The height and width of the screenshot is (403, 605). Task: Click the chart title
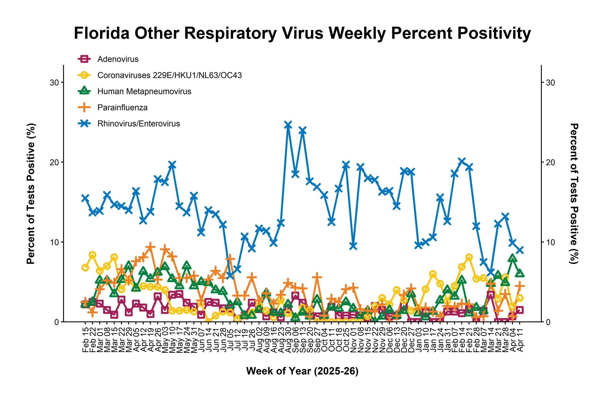302,34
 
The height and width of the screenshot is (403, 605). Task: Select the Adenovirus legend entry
118,59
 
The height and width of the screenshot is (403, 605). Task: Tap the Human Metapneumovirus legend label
144,92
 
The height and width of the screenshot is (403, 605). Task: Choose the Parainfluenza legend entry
122,107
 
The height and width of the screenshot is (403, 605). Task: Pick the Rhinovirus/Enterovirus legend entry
139,124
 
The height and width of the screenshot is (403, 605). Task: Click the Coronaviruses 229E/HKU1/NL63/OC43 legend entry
169,75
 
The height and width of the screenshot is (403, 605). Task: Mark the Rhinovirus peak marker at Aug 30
288,125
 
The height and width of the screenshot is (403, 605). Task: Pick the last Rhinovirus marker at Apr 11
520,250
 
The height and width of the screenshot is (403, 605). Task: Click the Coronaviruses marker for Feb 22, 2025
92,255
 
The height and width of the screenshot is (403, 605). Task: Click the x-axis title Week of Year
302,371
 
